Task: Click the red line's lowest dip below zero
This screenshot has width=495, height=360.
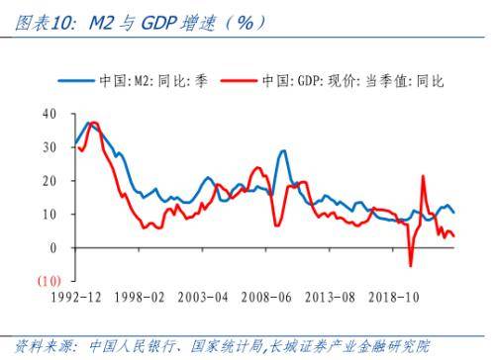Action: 410,265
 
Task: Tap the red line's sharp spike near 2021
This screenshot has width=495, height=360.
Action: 423,177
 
